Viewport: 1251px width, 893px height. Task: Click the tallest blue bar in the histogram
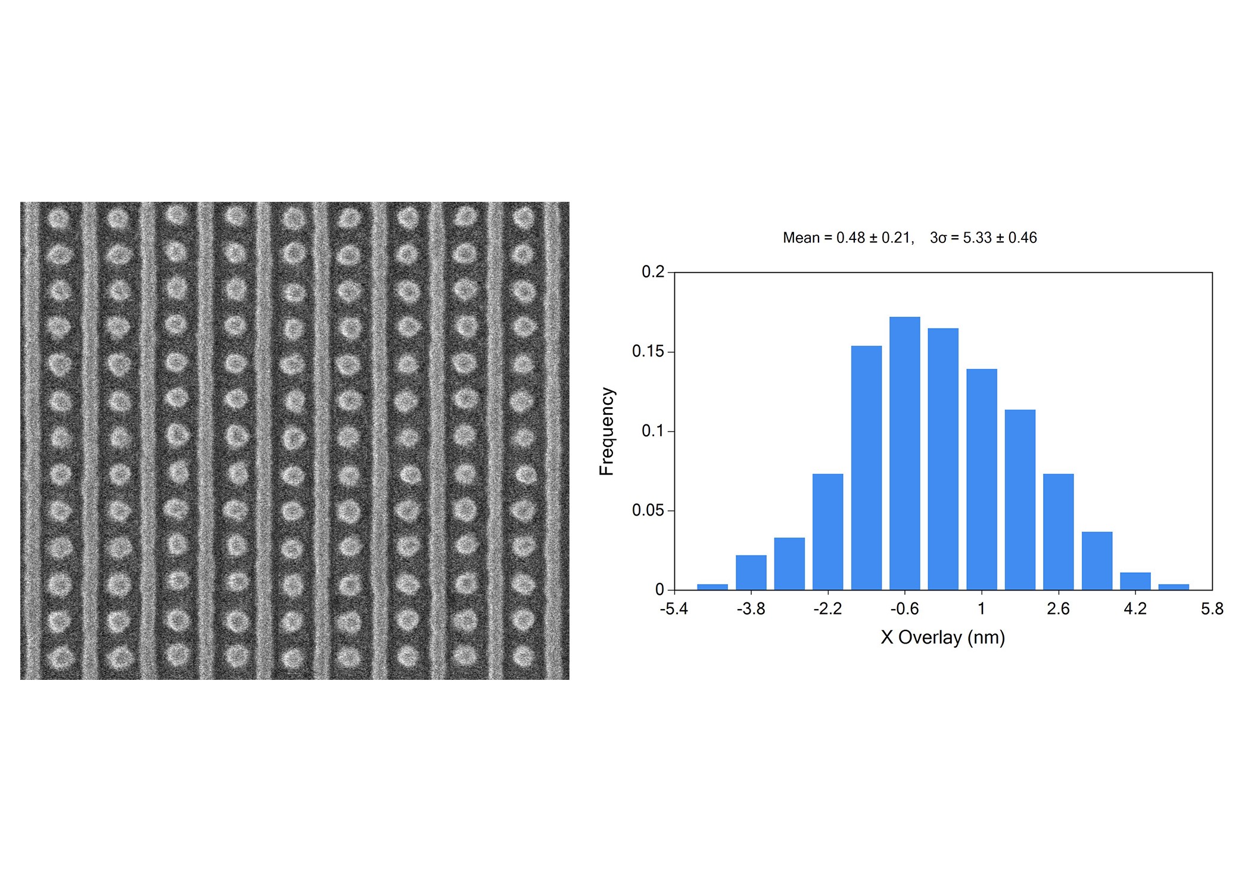click(x=904, y=453)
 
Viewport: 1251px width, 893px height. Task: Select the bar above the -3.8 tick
click(x=751, y=572)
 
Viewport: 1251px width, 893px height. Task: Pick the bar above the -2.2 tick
click(x=827, y=532)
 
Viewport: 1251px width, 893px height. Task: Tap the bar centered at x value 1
click(x=981, y=479)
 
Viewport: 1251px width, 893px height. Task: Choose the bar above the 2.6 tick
click(x=1058, y=532)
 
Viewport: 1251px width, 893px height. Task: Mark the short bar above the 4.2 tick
click(x=1135, y=581)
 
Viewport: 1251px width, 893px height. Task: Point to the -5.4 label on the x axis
click(x=674, y=609)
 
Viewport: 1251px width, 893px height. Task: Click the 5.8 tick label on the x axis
click(x=1212, y=609)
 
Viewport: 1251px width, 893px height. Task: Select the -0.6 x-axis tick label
click(x=904, y=609)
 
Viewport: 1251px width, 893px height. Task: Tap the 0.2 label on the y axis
click(x=653, y=272)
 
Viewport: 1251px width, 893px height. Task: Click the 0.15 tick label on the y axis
click(x=648, y=351)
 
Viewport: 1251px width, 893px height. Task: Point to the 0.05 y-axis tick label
click(x=648, y=510)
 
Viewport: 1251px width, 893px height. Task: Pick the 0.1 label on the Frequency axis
click(x=653, y=431)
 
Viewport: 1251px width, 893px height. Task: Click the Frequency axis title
click(x=606, y=431)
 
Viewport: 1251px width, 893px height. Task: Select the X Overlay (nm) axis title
click(x=942, y=638)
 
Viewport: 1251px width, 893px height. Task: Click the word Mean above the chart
click(x=801, y=238)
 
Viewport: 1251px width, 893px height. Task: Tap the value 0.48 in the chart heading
click(x=851, y=238)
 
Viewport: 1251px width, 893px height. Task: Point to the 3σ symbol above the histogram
click(x=938, y=238)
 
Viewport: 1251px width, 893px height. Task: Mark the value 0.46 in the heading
click(x=1023, y=238)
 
